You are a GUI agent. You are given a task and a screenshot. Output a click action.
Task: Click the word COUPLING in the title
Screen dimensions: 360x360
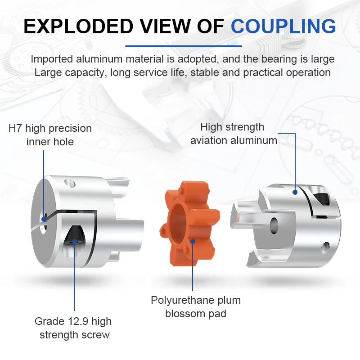283,26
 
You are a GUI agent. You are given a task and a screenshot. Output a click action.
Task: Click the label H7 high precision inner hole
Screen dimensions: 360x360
50,135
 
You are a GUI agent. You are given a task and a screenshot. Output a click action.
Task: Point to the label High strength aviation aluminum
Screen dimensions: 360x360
234,134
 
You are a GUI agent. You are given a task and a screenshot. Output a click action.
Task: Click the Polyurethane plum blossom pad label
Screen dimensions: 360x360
195,306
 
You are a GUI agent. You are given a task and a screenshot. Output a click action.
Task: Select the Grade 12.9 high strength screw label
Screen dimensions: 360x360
73,328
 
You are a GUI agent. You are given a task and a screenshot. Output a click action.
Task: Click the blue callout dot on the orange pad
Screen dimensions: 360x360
193,241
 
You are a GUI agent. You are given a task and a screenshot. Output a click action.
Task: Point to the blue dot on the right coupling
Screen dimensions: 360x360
295,192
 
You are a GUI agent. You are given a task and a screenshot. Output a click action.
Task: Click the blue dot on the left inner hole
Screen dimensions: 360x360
44,220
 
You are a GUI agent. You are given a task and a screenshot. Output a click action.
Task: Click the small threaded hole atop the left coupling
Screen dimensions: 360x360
69,183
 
